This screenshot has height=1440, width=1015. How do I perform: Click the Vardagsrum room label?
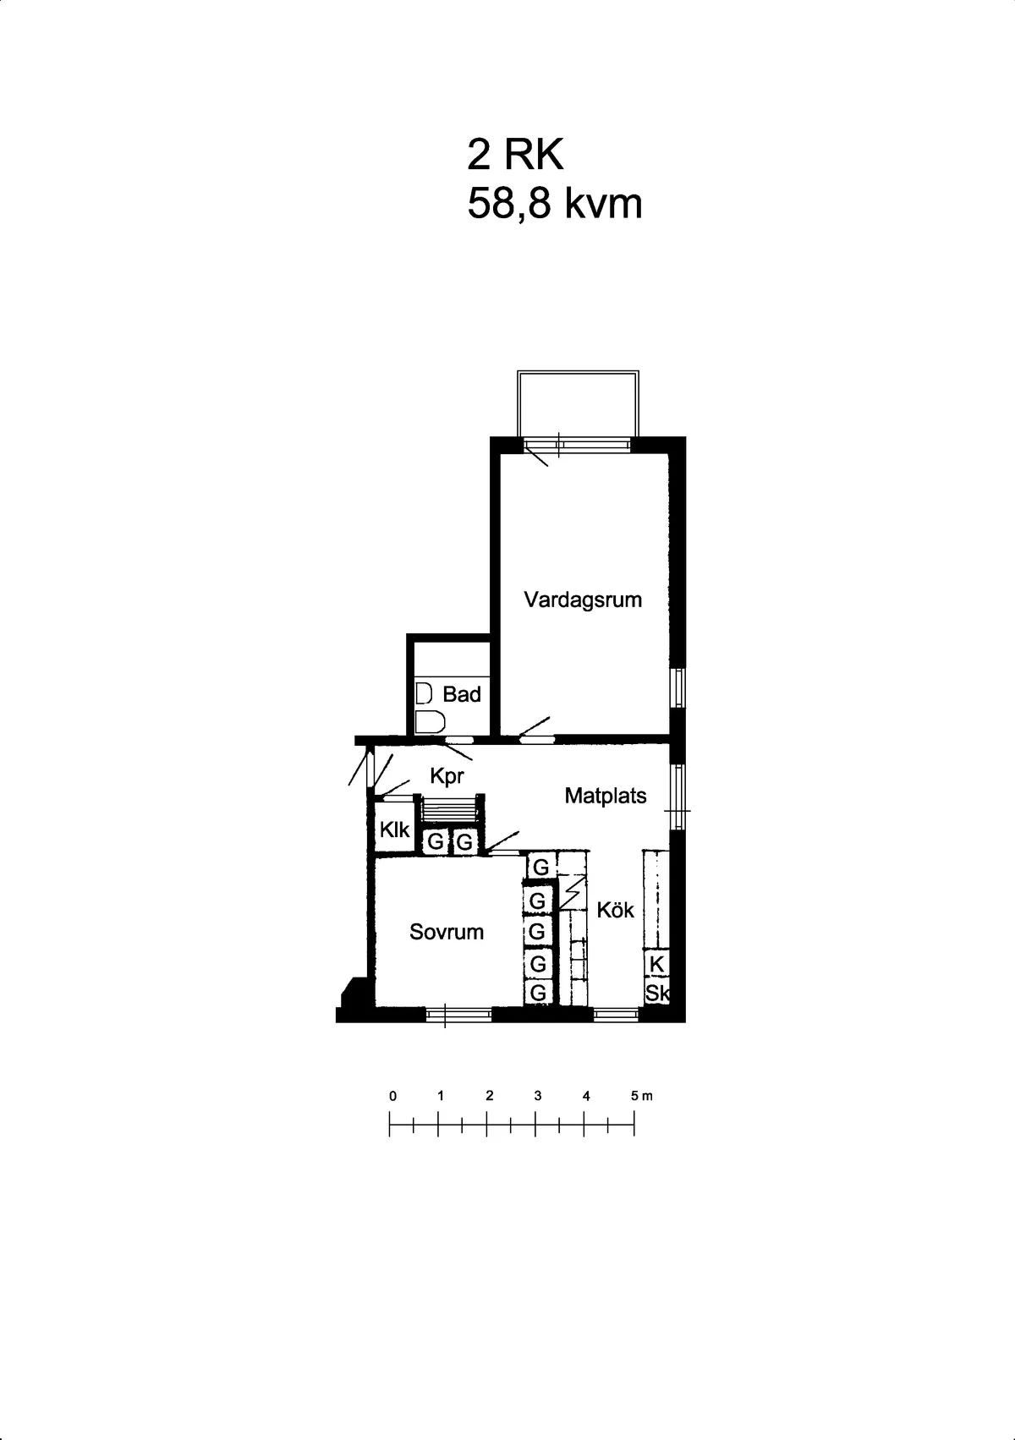[583, 600]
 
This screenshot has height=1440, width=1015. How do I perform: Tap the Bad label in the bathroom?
[462, 695]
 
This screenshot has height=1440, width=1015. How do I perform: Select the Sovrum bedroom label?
[447, 933]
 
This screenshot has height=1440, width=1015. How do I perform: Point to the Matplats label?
[606, 797]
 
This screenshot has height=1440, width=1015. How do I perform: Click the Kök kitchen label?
[615, 911]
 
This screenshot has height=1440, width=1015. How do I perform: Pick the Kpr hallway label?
[447, 776]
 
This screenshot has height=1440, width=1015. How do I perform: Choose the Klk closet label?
[394, 830]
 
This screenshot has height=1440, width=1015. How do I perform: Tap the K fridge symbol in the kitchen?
[656, 964]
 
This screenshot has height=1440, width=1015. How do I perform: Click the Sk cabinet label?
[657, 993]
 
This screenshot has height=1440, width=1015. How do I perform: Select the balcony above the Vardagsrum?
[578, 403]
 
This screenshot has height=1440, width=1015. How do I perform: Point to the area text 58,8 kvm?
[555, 205]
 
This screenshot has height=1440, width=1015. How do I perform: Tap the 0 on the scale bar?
[392, 1096]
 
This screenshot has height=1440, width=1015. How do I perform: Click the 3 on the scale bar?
[538, 1096]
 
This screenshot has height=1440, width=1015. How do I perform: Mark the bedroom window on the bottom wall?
[458, 1013]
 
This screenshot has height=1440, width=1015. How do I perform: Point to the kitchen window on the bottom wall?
[616, 1013]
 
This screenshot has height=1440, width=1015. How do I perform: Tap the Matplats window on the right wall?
[677, 797]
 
